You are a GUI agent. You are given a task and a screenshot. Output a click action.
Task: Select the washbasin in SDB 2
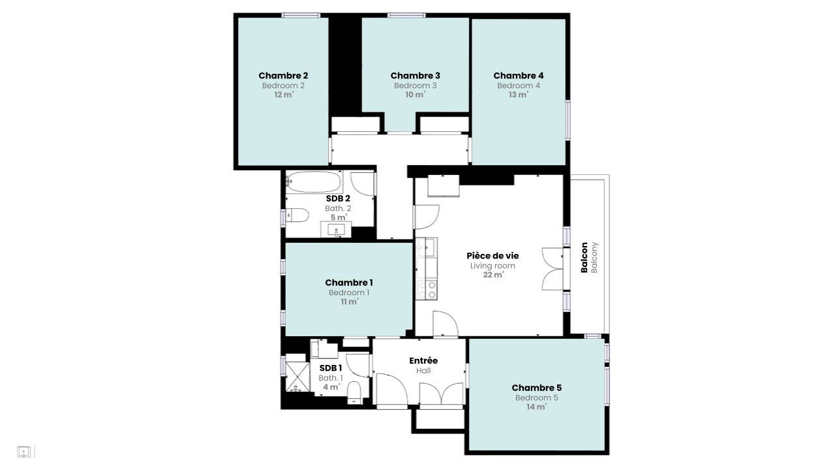click(x=337, y=229)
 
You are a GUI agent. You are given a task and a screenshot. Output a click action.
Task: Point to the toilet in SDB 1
click(x=354, y=392)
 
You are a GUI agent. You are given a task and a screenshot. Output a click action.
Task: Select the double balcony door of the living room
click(x=553, y=268)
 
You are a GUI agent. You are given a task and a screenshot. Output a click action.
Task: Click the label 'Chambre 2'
click(x=283, y=76)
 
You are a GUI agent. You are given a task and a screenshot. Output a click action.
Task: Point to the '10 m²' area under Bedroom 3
click(x=415, y=95)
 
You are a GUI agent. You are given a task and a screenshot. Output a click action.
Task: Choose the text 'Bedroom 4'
click(x=519, y=86)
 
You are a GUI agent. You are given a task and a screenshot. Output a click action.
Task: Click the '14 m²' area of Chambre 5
click(x=536, y=407)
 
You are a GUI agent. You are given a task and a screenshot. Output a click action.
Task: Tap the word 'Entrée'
click(x=423, y=360)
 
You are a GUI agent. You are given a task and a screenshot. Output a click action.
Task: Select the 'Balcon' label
click(x=584, y=257)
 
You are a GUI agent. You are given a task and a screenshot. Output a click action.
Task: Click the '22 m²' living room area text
click(x=493, y=275)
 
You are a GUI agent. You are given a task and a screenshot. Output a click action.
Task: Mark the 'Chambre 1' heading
click(x=349, y=283)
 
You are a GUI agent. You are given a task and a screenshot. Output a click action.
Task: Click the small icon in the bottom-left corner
click(x=24, y=451)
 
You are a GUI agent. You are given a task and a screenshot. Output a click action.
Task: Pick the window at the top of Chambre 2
click(x=301, y=15)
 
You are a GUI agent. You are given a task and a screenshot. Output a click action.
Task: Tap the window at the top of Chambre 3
click(x=406, y=15)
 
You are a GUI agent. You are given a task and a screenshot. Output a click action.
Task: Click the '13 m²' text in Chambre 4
click(x=519, y=95)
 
